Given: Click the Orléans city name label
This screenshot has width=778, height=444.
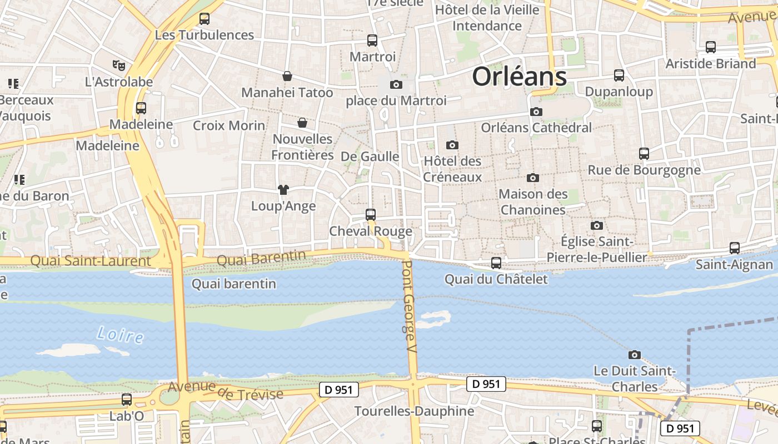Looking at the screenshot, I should (x=519, y=77).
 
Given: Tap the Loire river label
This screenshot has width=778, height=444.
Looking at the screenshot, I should (x=119, y=335).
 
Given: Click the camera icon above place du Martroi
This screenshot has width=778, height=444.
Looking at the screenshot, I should (x=396, y=85).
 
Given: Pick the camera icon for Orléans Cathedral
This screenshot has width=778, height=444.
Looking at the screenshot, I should (x=536, y=112).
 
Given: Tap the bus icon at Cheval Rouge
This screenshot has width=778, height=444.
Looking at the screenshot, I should (x=371, y=214).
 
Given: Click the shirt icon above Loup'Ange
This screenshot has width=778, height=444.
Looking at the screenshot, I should (x=283, y=190).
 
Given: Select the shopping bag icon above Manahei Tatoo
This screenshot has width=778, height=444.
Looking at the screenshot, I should (x=287, y=76).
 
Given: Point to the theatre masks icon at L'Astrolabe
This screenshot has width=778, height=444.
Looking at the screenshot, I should (x=118, y=65).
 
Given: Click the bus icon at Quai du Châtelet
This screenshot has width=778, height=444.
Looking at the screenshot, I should (x=496, y=263).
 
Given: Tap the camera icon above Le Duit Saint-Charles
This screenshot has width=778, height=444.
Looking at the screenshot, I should (x=634, y=355).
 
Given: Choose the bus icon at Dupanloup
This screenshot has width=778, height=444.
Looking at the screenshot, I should (x=619, y=75).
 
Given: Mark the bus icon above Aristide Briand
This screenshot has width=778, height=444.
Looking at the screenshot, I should (x=711, y=47).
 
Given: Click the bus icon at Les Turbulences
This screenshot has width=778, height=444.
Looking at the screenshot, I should (x=205, y=19).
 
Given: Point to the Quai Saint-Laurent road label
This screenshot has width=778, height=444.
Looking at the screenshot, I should (x=90, y=260).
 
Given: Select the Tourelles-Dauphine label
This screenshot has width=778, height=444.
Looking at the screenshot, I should (x=414, y=411).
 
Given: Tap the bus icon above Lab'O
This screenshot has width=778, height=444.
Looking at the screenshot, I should (x=127, y=400).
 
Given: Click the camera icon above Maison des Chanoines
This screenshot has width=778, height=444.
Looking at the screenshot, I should (x=533, y=178).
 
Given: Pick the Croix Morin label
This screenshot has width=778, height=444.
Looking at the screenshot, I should (x=229, y=125).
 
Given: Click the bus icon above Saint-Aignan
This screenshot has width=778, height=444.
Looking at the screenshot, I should (x=735, y=248).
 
